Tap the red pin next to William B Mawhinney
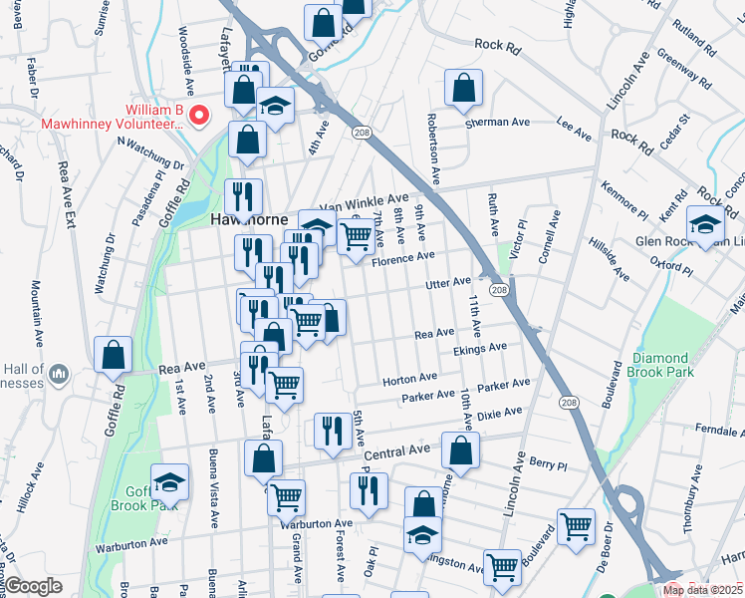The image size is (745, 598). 198,116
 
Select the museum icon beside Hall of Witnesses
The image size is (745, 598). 59,374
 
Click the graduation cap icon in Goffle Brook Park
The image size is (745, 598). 170,483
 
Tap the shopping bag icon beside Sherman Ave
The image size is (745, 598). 463,88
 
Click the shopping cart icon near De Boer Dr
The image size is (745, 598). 576,526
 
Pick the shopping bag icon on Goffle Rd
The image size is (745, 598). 114,353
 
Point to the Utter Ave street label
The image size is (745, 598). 447,284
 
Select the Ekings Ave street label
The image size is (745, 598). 479,348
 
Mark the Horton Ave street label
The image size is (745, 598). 410,379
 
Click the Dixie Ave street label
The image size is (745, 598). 500,412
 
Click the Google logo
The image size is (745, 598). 34,586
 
